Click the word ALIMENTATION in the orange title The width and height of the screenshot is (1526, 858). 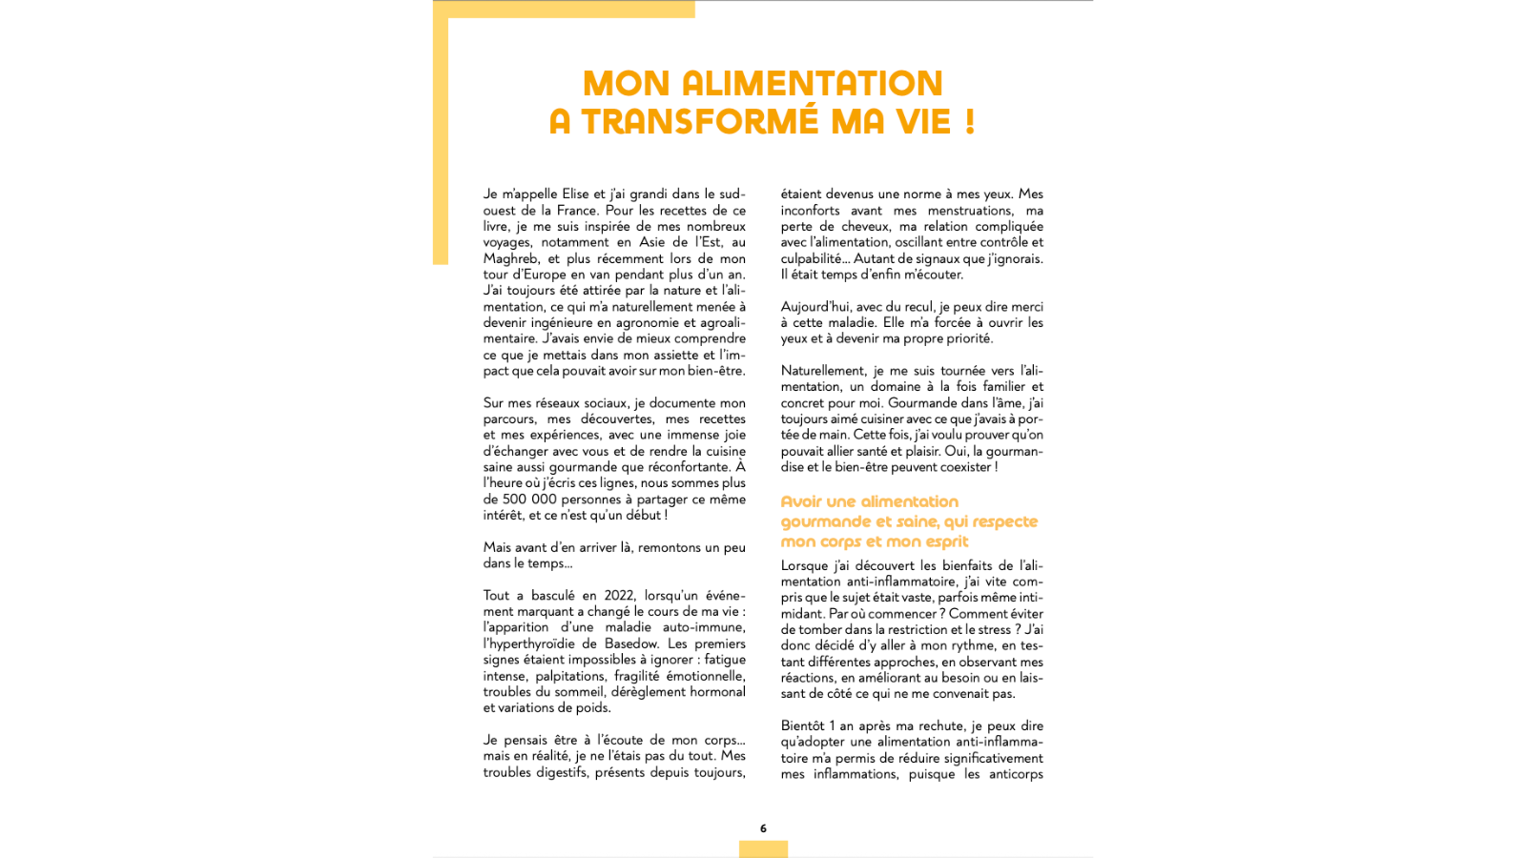tap(812, 84)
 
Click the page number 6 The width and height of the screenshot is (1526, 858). tap(763, 828)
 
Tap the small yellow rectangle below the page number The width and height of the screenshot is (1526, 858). tap(763, 848)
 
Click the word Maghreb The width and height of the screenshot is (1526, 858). tap(510, 258)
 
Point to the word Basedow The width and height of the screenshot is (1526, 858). tap(631, 643)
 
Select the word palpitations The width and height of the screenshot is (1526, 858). tap(569, 676)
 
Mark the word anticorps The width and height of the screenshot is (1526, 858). tap(1016, 774)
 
